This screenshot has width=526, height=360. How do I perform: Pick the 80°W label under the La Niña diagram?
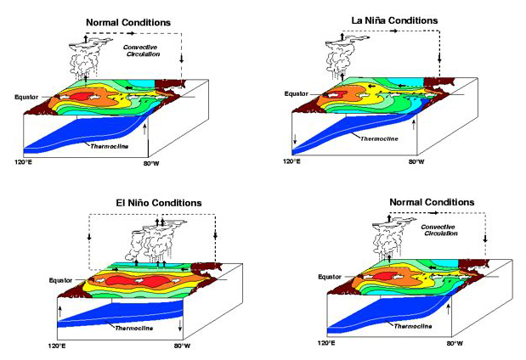click(416, 160)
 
